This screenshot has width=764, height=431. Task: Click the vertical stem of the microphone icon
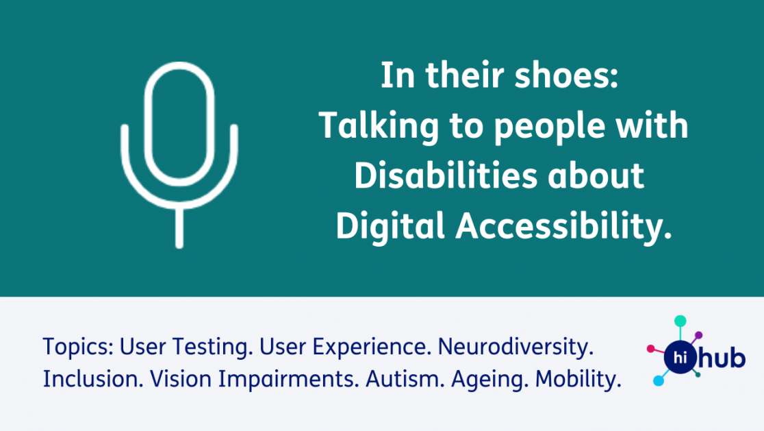point(179,226)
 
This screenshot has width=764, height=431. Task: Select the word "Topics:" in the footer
point(78,347)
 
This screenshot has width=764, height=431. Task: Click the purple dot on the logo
point(698,335)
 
